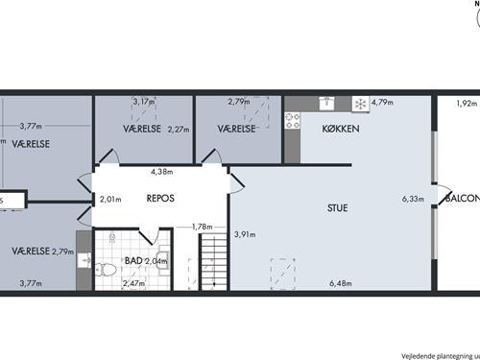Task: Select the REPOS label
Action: coord(159,201)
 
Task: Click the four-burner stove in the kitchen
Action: coord(292,120)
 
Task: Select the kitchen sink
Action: coord(326,101)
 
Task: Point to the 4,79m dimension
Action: coord(384,102)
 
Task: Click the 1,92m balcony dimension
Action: coord(467,103)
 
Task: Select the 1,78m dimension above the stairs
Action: coord(202,227)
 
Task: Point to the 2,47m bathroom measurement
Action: coord(133,283)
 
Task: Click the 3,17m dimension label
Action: coord(143,102)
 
